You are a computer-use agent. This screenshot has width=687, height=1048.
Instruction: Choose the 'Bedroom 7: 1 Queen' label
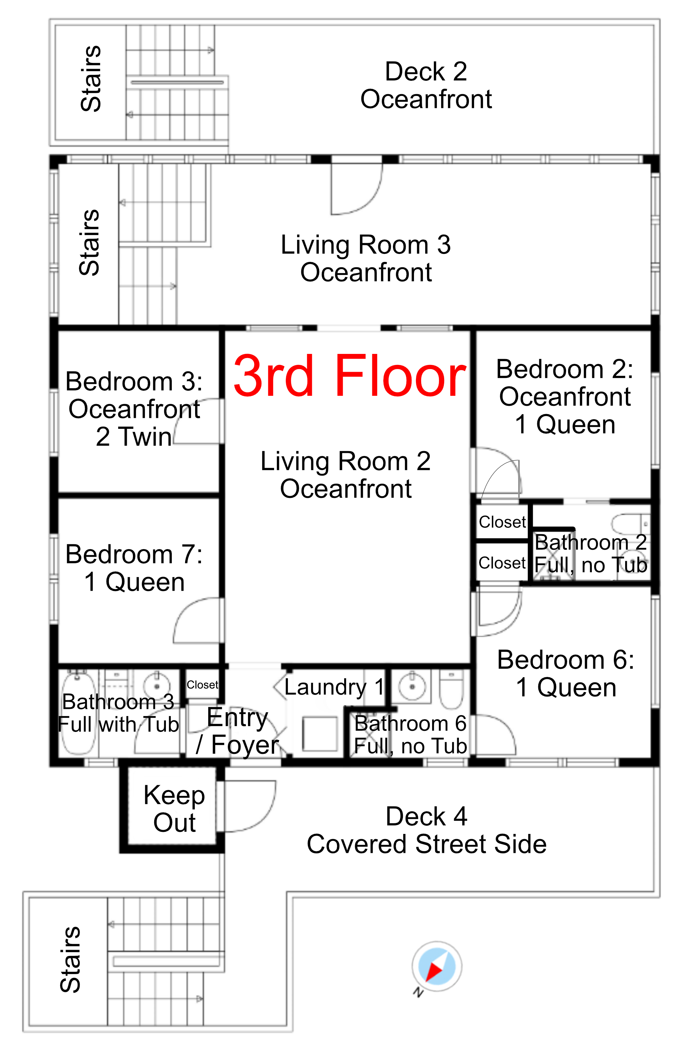pos(134,568)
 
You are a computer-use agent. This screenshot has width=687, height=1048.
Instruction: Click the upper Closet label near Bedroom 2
pos(502,522)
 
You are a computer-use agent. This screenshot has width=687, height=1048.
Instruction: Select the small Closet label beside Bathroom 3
pos(202,685)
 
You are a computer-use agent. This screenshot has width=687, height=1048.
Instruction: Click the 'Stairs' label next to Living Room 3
pos(89,243)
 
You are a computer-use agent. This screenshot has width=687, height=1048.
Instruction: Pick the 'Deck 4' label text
pos(426,816)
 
